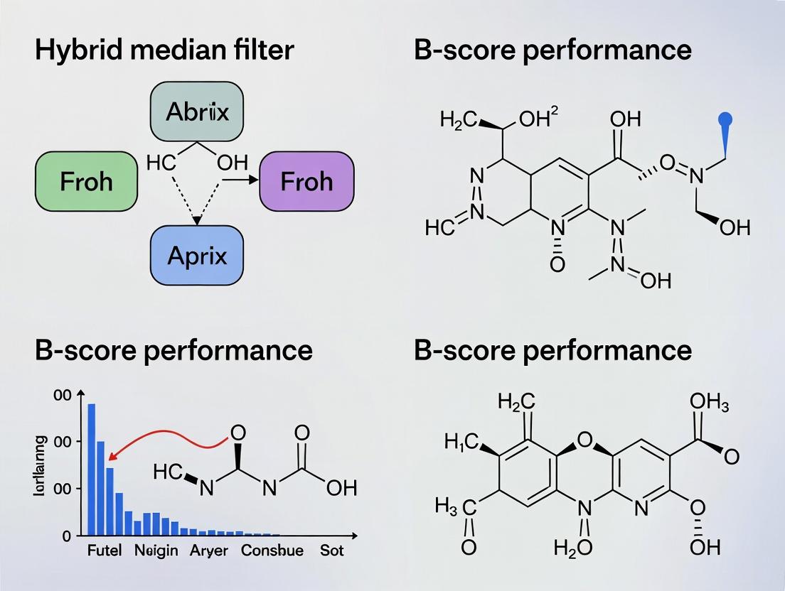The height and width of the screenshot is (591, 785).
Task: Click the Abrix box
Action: tap(197, 112)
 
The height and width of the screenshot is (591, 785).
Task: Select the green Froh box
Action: tap(86, 181)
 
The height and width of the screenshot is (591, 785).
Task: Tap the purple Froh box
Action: tap(307, 181)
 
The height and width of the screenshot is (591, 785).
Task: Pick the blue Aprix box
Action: tap(197, 255)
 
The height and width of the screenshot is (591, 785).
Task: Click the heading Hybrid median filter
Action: tap(164, 50)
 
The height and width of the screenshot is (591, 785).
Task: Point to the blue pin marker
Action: tap(726, 119)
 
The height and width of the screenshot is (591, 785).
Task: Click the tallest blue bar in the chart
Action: tap(91, 469)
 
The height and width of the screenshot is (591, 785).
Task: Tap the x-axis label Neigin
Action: tap(156, 551)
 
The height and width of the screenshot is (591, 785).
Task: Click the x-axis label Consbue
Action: tap(272, 551)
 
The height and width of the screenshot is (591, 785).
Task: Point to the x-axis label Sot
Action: tap(331, 551)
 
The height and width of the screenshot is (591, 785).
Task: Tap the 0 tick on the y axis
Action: tap(67, 536)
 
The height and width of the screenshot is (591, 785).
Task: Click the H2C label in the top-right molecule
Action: tap(459, 119)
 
